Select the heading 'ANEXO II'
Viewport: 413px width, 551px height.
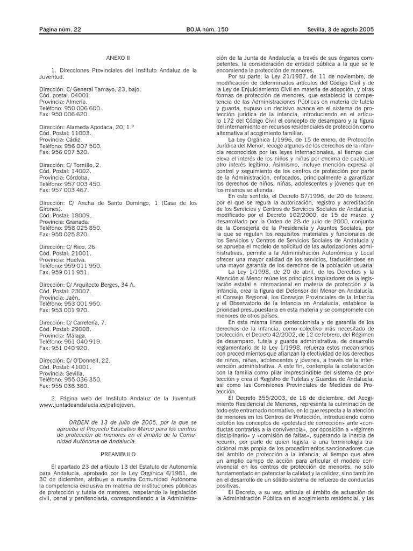(x=118, y=58)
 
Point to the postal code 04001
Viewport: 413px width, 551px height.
(x=79, y=94)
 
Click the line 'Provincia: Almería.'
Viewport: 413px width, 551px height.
(x=63, y=101)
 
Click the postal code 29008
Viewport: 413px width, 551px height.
(x=80, y=329)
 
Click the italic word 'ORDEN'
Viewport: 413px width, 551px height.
(x=81, y=422)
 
